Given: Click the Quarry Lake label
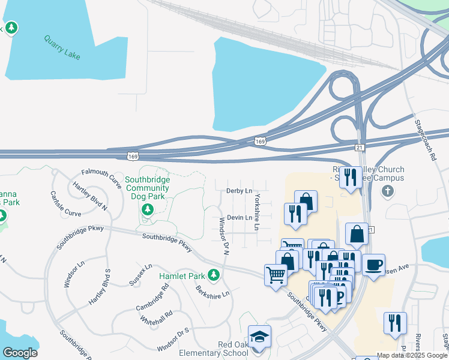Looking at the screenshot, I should coord(62,47).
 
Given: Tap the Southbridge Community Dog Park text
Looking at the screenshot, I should coord(148,188).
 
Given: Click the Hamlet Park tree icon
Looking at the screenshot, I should coord(213,275).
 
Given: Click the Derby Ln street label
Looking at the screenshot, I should coord(239,190).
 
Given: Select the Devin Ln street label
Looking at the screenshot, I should coord(240,218).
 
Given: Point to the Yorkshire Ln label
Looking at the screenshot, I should coord(257,212).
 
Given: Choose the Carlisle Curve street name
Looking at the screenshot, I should coord(65,205).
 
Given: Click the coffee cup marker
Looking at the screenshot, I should coord(373,265).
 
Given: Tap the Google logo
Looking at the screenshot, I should coord(20,353).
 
